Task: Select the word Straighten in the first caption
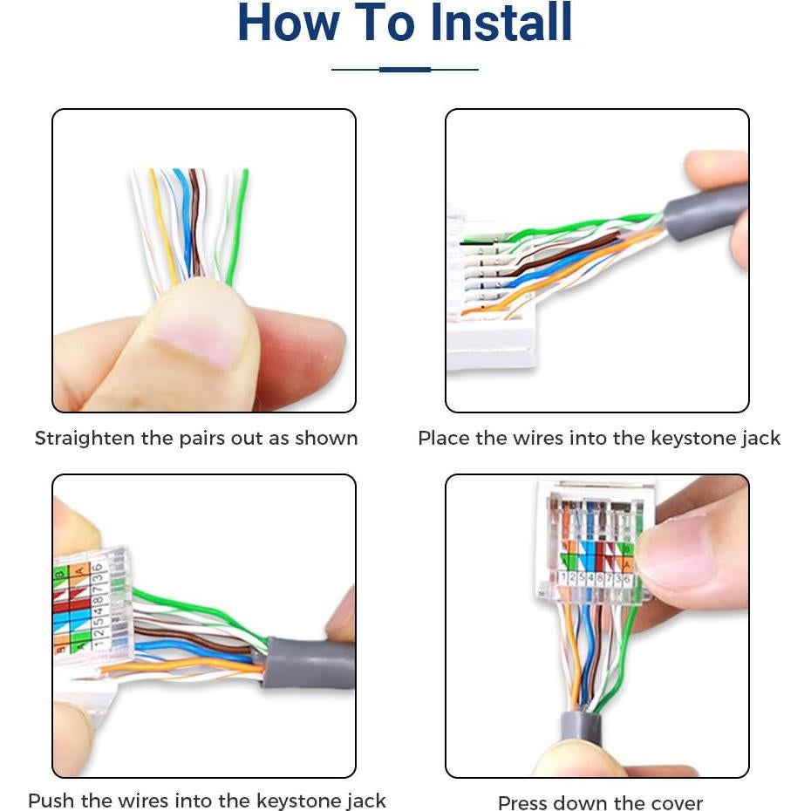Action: point(85,438)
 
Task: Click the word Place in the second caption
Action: point(445,438)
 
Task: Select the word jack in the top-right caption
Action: point(760,439)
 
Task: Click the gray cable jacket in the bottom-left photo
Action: point(307,664)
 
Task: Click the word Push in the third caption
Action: point(49,801)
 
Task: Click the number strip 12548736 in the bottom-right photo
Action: point(595,577)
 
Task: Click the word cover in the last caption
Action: point(676,802)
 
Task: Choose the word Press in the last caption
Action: point(523,802)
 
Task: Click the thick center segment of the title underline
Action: point(405,69)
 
